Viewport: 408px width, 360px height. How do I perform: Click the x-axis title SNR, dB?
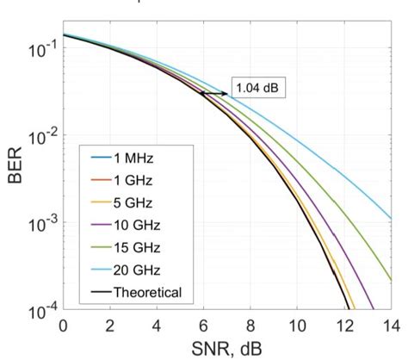point(227,349)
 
